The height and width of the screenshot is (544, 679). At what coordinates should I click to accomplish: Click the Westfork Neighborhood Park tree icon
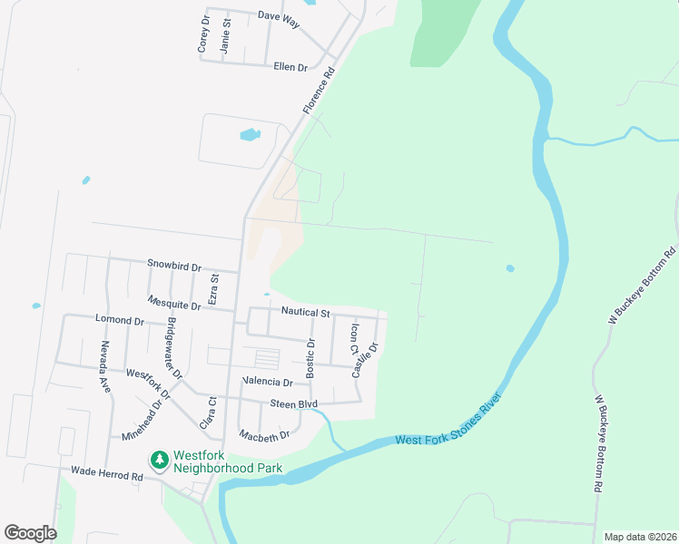pyautogui.click(x=161, y=461)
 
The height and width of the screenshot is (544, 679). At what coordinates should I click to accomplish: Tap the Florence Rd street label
pyautogui.click(x=319, y=92)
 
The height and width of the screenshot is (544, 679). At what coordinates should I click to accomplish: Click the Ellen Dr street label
pyautogui.click(x=290, y=67)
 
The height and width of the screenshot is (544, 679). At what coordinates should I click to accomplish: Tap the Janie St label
pyautogui.click(x=226, y=37)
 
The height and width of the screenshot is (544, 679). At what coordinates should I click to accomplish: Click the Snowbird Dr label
pyautogui.click(x=173, y=266)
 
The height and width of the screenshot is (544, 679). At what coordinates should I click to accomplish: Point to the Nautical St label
pyautogui.click(x=305, y=312)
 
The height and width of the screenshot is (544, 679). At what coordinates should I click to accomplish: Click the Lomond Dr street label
pyautogui.click(x=119, y=320)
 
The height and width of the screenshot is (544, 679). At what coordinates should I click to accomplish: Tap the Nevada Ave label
pyautogui.click(x=105, y=366)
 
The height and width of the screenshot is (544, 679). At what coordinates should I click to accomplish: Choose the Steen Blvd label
pyautogui.click(x=293, y=403)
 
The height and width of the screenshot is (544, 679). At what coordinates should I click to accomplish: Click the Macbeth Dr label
pyautogui.click(x=265, y=435)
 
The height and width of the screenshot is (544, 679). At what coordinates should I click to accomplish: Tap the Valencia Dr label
pyautogui.click(x=268, y=383)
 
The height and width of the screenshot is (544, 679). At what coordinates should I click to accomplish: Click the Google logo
pyautogui.click(x=30, y=533)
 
